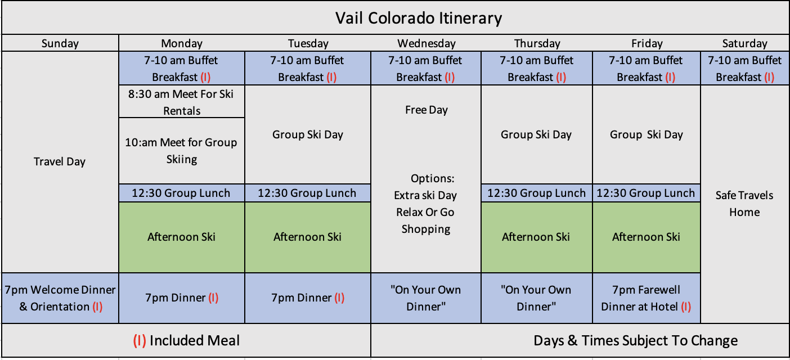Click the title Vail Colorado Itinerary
418,19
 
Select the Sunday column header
60,43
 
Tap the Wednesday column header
427,43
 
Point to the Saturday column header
744,43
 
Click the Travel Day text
60,161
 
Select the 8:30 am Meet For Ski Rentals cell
182,102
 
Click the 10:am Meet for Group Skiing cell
182,151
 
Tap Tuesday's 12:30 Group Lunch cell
308,193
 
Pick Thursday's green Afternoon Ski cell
536,237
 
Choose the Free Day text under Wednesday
427,110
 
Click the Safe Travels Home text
744,204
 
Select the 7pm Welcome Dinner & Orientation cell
60,298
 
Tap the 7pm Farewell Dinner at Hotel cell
646,298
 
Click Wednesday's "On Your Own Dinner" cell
426,298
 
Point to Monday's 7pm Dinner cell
182,298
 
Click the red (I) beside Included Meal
140,341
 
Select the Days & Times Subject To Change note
635,341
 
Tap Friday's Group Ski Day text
646,134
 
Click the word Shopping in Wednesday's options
426,229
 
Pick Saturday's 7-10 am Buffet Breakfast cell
744,69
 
